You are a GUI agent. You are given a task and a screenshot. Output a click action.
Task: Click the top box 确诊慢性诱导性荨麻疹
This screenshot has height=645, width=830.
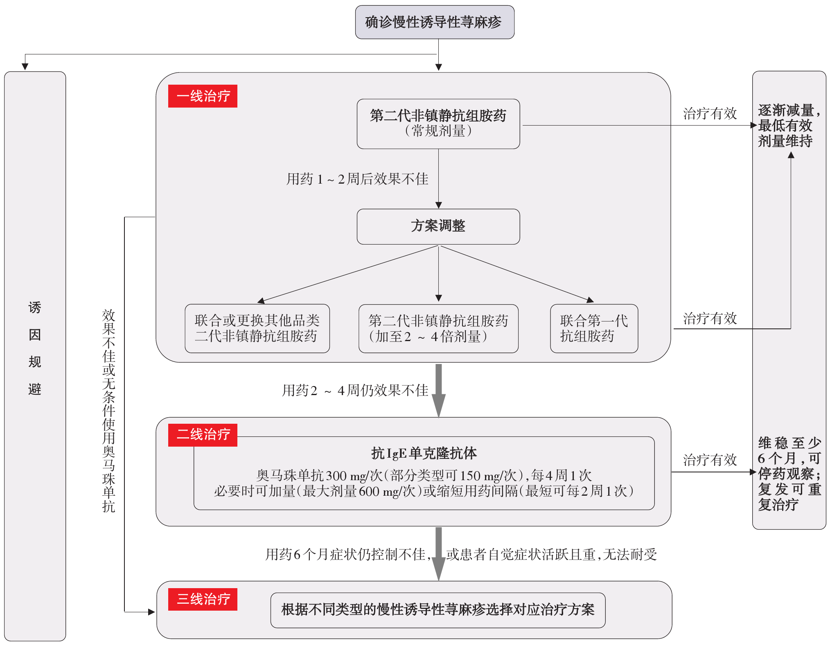pos(435,22)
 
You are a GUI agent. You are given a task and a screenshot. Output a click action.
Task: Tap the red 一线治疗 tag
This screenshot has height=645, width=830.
pos(203,96)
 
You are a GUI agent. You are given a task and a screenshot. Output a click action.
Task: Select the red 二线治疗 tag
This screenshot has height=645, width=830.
pos(203,435)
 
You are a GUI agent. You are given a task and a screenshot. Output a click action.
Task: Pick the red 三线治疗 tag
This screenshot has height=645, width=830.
pos(203,599)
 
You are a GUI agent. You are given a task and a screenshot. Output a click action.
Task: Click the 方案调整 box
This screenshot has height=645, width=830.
pos(438,227)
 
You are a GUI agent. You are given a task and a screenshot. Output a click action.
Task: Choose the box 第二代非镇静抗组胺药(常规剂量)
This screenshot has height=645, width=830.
pos(438,124)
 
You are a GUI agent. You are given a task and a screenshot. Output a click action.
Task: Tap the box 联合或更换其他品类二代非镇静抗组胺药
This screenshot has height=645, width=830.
pos(257,328)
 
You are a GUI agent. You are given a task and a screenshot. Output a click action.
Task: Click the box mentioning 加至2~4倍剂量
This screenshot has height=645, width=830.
pos(438,328)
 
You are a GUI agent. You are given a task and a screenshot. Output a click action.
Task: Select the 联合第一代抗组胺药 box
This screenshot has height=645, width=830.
pos(594,328)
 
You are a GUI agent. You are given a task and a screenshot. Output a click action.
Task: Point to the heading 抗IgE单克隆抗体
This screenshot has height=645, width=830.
pos(424,453)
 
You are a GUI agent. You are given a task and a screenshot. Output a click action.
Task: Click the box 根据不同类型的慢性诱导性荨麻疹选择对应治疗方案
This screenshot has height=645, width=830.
pos(438,610)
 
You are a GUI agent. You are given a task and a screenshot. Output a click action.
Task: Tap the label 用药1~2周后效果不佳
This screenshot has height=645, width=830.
pos(357,179)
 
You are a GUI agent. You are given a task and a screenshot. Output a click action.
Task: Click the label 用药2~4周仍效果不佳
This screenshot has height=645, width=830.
pos(355,391)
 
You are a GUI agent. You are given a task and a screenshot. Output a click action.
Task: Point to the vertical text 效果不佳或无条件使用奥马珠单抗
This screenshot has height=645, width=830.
pos(109,411)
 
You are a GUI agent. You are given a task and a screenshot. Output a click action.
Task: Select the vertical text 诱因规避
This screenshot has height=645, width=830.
pos(35,348)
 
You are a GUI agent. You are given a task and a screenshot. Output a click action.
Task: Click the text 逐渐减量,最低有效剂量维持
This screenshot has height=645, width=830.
pos(789,126)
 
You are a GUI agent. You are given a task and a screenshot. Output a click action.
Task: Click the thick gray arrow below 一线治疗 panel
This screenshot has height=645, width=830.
pos(439,390)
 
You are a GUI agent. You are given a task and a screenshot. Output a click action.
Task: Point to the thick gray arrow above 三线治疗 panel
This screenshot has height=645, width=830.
pos(439,554)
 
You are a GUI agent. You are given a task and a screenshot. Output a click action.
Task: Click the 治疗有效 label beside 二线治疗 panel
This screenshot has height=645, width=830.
pos(710,460)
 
